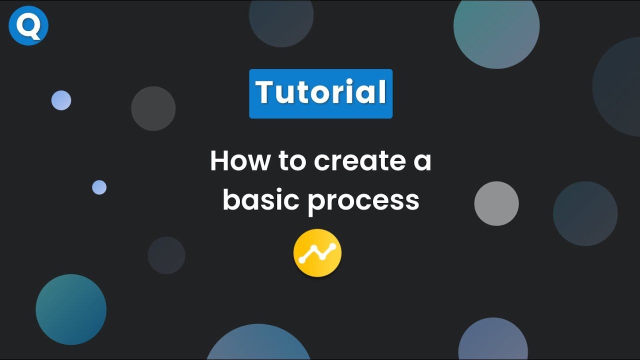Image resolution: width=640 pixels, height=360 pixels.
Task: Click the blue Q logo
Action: [x=28, y=25]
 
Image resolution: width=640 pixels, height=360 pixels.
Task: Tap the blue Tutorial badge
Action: [x=320, y=93]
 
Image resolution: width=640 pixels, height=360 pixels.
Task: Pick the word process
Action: [x=363, y=201]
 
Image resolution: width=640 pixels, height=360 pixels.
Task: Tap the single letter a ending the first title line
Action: [x=422, y=162]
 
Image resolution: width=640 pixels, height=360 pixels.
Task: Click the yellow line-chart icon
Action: [x=317, y=253]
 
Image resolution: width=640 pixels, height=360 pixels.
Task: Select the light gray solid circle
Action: [x=496, y=203]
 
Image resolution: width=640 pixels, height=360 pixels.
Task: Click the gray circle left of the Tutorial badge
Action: [x=153, y=108]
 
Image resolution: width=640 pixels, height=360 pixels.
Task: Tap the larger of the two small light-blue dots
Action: [x=61, y=100]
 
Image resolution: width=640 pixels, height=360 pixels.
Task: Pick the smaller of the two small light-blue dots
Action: [x=99, y=187]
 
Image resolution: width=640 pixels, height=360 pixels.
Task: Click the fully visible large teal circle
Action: [x=71, y=309]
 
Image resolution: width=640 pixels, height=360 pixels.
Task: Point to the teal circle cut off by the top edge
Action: [x=496, y=30]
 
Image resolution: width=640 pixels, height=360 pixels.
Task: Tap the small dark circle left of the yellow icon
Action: [x=166, y=255]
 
